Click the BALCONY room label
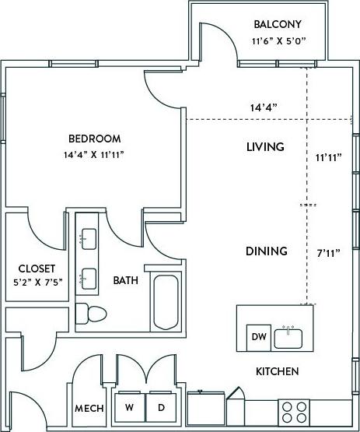click(276, 24)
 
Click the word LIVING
click(265, 146)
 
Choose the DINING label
click(267, 251)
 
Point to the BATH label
click(126, 280)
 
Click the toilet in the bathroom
click(91, 314)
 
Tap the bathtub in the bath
click(166, 302)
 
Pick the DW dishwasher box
click(258, 336)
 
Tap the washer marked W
click(129, 407)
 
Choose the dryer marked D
click(161, 407)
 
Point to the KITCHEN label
click(278, 371)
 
